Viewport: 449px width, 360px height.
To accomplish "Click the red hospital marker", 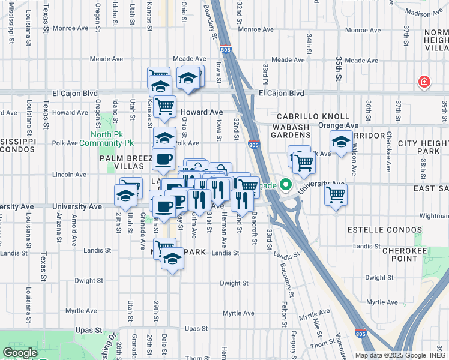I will tap(424, 81).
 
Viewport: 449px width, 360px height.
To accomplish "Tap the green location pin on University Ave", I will tap(286, 185).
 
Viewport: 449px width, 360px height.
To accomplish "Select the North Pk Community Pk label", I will tap(112, 139).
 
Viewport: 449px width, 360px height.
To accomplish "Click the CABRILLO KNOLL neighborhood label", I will tap(313, 116).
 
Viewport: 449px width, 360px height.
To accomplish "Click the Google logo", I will tap(20, 353).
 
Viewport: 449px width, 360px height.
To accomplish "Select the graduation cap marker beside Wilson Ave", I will tap(341, 142).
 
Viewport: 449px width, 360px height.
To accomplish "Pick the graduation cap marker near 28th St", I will tap(125, 195).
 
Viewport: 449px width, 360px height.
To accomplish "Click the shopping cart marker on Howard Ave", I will tap(164, 107).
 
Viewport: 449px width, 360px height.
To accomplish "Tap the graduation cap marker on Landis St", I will tap(172, 259).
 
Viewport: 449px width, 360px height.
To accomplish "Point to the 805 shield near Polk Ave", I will tap(253, 145).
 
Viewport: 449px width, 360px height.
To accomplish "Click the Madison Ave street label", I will tap(423, 13).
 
